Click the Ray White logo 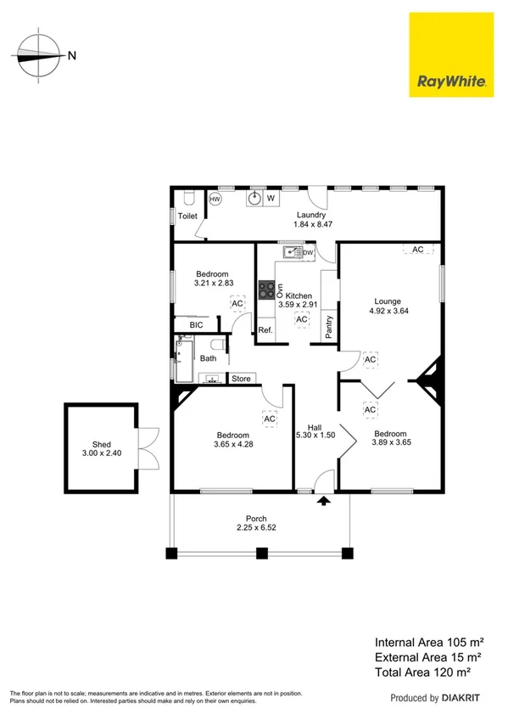click(x=450, y=53)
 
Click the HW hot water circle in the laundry click(x=215, y=200)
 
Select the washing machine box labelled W click(x=271, y=199)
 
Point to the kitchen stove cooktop click(x=267, y=290)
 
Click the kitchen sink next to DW click(x=293, y=252)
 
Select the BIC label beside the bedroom click(x=196, y=325)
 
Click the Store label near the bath click(x=241, y=379)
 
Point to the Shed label click(x=102, y=443)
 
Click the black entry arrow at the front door click(x=323, y=502)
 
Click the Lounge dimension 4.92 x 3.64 click(x=389, y=312)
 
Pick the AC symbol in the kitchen click(x=301, y=320)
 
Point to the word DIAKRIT click(x=464, y=698)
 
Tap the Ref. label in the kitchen click(x=265, y=330)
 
